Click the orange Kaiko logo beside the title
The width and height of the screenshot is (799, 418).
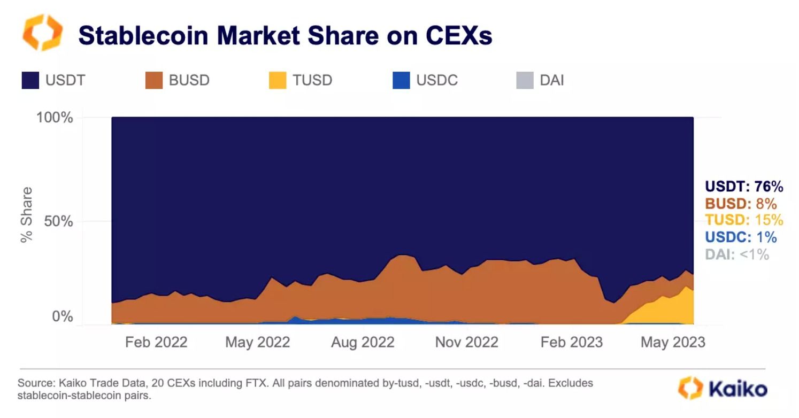coord(43,33)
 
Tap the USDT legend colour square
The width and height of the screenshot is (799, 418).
coord(30,81)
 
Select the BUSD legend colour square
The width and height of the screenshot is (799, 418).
coord(153,81)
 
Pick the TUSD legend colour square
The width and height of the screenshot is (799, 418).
coord(278,81)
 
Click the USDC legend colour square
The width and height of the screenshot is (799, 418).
coord(401,81)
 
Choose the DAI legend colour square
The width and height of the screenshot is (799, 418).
coord(525,81)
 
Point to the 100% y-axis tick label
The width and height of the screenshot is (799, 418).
coord(55,118)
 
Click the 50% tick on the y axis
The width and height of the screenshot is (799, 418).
coord(58,221)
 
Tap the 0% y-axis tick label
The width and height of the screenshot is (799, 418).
coord(62,317)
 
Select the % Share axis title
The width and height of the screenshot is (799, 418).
coord(27,215)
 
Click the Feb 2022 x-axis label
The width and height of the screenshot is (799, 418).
coord(156,342)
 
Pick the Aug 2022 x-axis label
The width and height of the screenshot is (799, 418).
coord(363,342)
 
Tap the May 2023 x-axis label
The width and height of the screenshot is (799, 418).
coord(673,342)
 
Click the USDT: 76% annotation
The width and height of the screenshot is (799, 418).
coord(744,187)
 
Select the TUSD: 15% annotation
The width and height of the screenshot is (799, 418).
coord(744,220)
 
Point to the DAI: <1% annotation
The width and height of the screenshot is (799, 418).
coord(737,254)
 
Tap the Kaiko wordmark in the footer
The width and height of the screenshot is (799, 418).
coord(738,389)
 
